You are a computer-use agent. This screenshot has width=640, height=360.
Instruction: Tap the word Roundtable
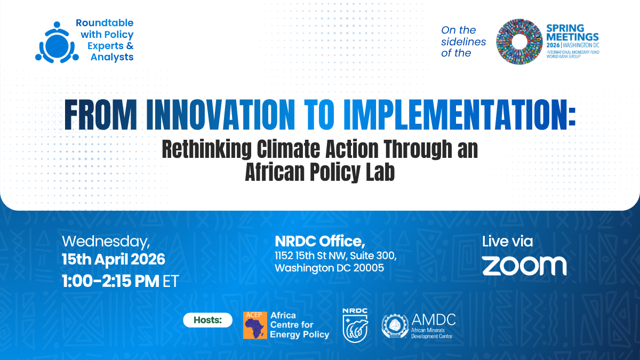coord(104,23)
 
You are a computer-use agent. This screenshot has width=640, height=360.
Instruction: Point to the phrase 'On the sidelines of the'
coord(463,42)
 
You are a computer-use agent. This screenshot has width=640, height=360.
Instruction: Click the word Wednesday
coord(106,242)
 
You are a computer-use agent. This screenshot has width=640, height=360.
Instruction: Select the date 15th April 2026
coord(114,260)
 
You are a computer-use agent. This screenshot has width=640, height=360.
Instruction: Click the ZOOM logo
coord(524,266)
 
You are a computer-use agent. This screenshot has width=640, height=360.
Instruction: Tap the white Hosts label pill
coord(207,320)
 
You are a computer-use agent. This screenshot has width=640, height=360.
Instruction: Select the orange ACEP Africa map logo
coord(255,325)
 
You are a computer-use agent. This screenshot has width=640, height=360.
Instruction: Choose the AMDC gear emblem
coord(395,326)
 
